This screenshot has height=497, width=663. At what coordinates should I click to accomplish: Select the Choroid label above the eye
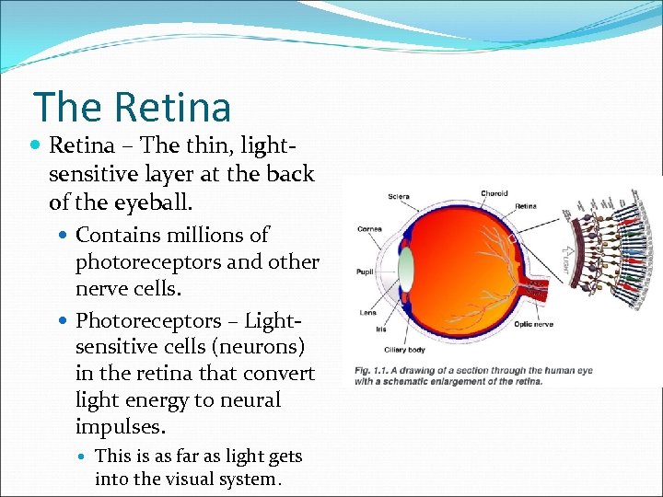[x=494, y=193]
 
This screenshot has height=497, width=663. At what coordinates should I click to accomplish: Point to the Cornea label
[x=370, y=228]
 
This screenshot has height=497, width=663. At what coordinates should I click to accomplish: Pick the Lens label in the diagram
[x=368, y=313]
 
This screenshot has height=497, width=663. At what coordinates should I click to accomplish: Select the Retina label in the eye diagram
[x=526, y=206]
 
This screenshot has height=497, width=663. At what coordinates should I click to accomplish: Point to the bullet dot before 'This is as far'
[x=84, y=457]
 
